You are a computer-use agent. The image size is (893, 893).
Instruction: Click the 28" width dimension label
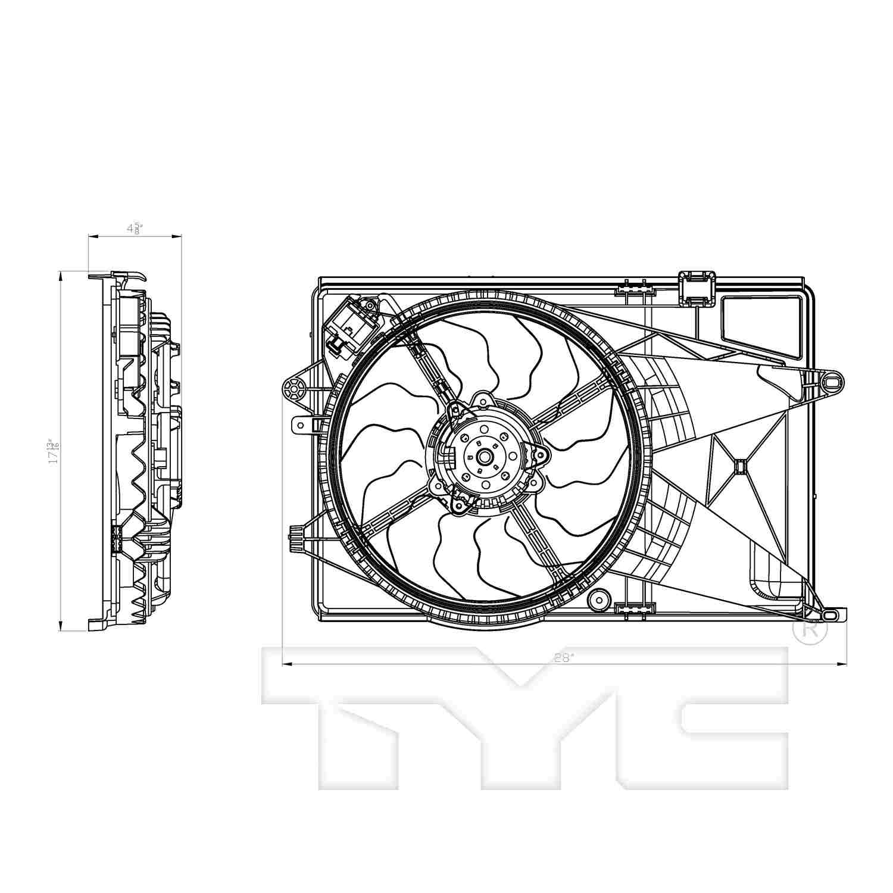point(563,657)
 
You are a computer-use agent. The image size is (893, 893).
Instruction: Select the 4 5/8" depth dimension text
point(134,229)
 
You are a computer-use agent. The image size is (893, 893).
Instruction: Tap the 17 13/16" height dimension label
point(54,451)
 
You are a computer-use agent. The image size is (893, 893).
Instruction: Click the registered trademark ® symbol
point(810,631)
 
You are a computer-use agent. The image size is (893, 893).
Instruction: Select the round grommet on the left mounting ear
point(292,390)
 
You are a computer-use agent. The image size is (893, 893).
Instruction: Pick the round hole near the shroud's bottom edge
point(598,599)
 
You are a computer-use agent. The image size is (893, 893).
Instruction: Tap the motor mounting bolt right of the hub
point(540,455)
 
